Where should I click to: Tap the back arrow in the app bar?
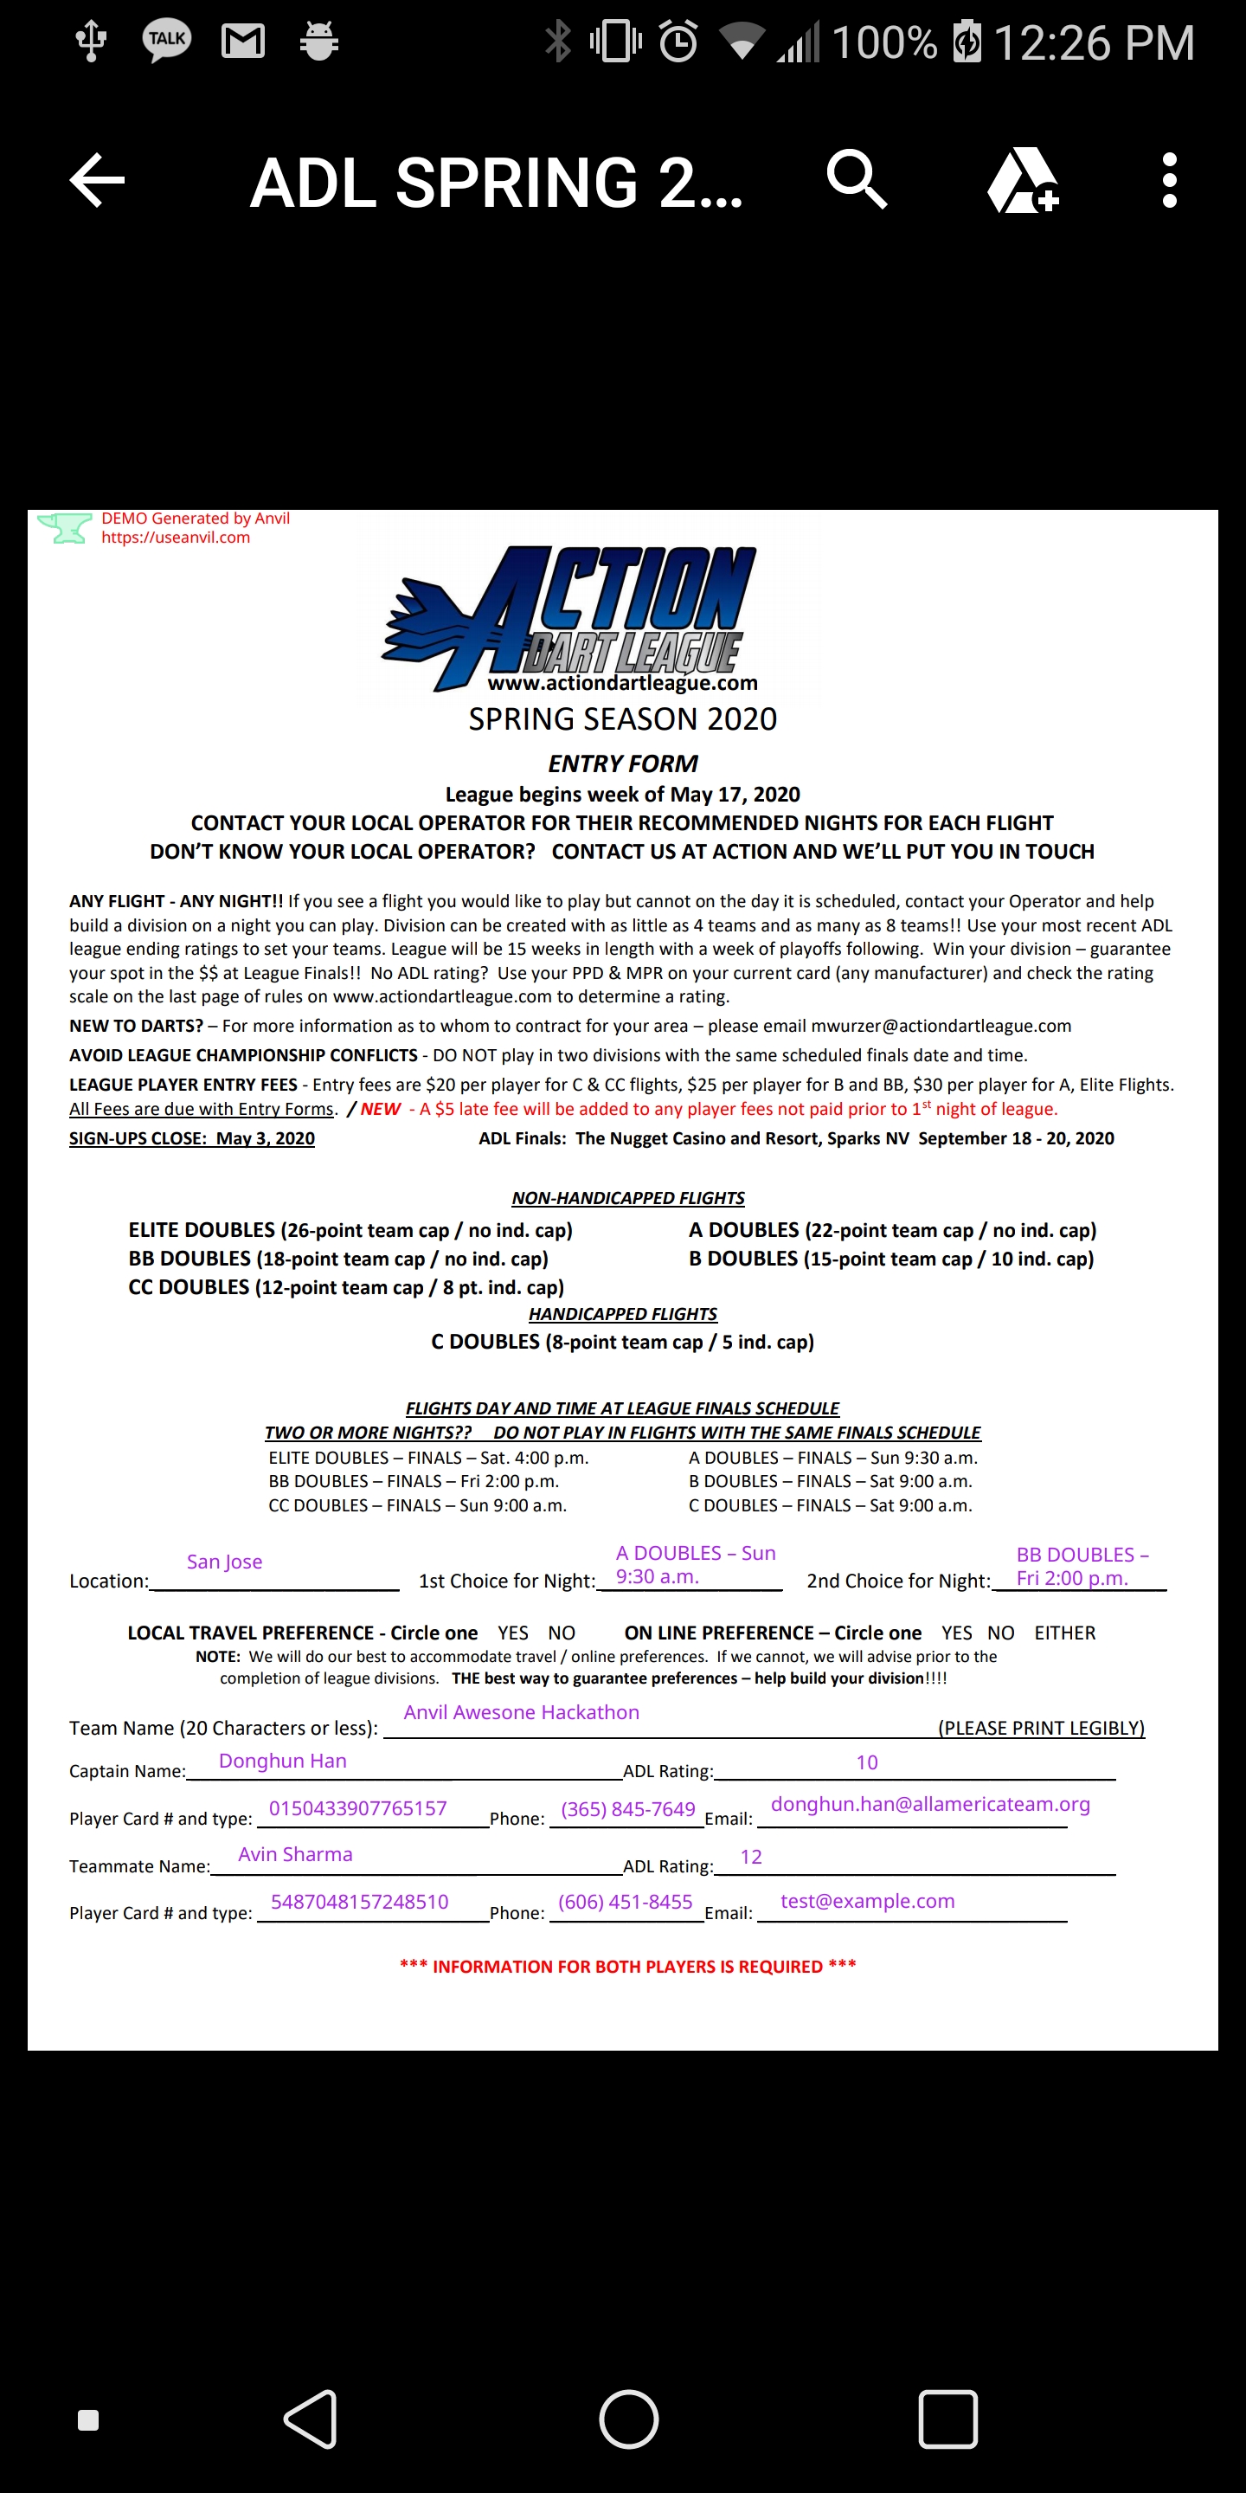[97, 180]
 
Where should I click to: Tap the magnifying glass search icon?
[856, 180]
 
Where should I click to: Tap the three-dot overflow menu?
[1170, 180]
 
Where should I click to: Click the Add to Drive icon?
[1023, 181]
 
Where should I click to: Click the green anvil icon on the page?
[64, 528]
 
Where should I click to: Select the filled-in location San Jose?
[224, 1561]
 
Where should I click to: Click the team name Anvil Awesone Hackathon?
[522, 1711]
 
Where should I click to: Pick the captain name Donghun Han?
[282, 1761]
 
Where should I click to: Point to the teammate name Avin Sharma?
[295, 1853]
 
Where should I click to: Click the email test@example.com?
[867, 1900]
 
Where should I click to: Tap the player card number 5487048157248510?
[359, 1901]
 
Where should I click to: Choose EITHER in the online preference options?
[1064, 1633]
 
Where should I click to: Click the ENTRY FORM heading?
[623, 763]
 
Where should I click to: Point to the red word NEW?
[380, 1109]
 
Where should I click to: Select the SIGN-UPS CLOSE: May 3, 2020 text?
[191, 1138]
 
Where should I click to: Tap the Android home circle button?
[629, 2419]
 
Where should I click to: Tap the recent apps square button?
[947, 2419]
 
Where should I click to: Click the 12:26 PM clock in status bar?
[1093, 42]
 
